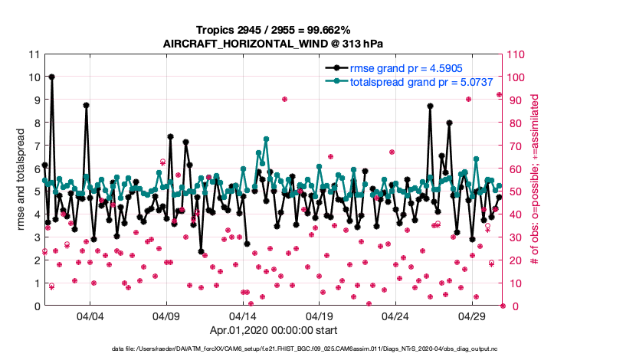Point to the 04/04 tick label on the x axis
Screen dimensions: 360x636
pyautogui.click(x=90, y=316)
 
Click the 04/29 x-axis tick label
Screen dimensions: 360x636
pyautogui.click(x=472, y=316)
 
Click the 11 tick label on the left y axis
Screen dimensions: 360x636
pyautogui.click(x=33, y=54)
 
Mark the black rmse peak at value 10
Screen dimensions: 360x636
pyautogui.click(x=51, y=77)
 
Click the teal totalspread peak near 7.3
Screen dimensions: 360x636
pyautogui.click(x=266, y=139)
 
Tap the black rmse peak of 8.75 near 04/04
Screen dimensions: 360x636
pyautogui.click(x=87, y=106)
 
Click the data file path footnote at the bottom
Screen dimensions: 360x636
pyautogui.click(x=316, y=349)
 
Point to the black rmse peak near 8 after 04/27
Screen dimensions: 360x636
pyautogui.click(x=449, y=123)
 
